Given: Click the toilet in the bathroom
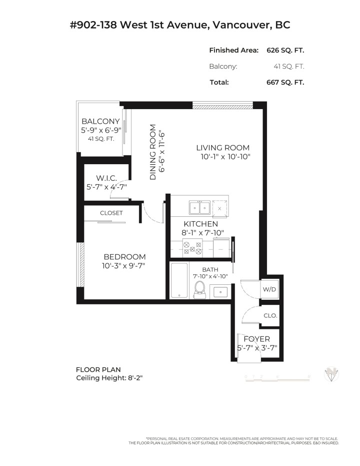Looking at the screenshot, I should pyautogui.click(x=200, y=289).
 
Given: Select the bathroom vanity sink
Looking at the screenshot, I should pyautogui.click(x=219, y=291).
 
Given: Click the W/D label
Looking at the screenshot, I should pyautogui.click(x=269, y=289).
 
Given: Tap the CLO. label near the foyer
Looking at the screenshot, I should pyautogui.click(x=270, y=316).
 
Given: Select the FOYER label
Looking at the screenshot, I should pyautogui.click(x=256, y=339).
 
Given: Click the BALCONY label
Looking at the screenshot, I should pyautogui.click(x=100, y=121).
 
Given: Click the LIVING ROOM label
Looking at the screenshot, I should pyautogui.click(x=222, y=148).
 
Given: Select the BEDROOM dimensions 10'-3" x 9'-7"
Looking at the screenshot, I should pyautogui.click(x=124, y=266).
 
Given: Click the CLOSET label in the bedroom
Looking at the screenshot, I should pyautogui.click(x=111, y=213).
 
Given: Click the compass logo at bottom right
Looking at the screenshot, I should pyautogui.click(x=332, y=374).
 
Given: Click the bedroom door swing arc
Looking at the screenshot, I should pyautogui.click(x=150, y=213).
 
